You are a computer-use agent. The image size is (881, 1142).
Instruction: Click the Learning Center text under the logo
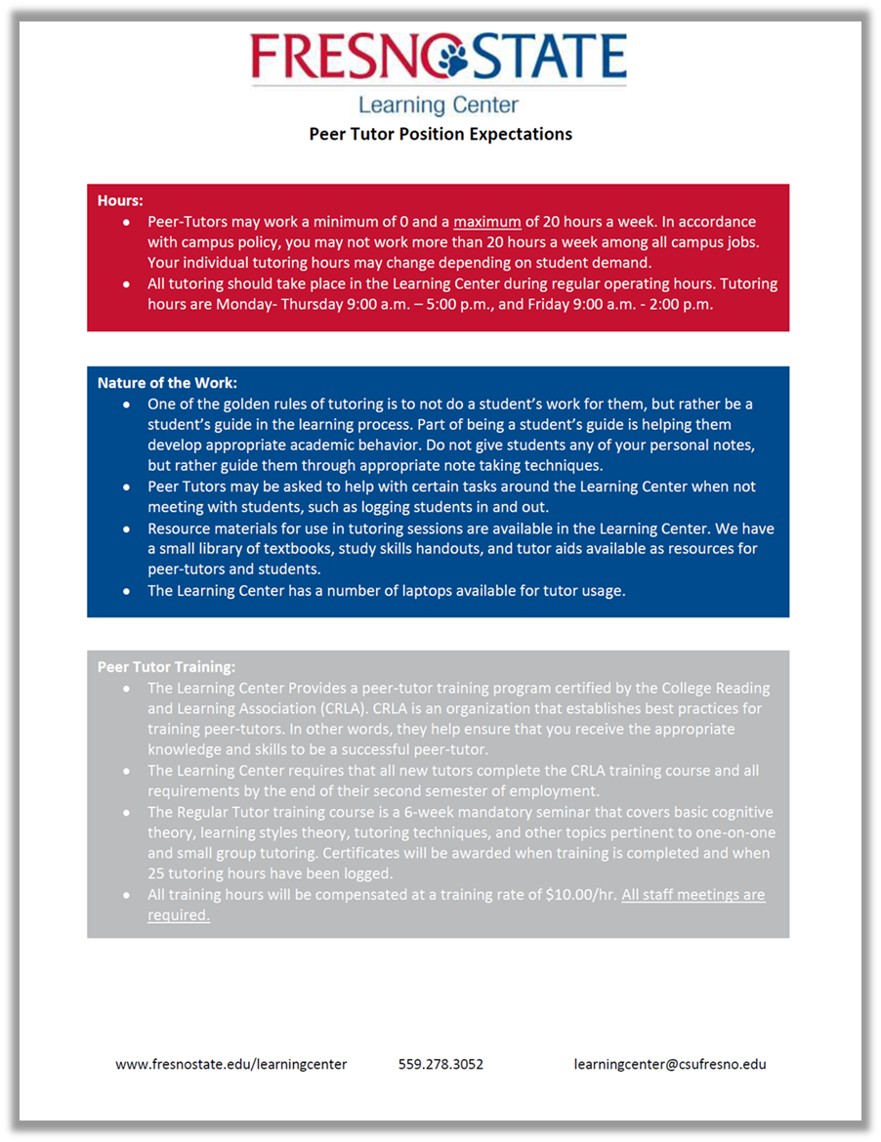[439, 105]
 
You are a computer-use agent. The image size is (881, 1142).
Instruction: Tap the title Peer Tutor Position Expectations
[440, 134]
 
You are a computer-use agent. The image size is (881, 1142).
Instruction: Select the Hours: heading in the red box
[120, 201]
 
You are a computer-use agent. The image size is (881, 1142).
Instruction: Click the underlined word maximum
[487, 222]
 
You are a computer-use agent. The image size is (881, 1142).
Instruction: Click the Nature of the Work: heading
[167, 383]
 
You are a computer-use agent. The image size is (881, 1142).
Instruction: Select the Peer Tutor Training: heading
[166, 667]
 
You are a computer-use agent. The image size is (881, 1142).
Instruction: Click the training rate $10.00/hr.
[580, 895]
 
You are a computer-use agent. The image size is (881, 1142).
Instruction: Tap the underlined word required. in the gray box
[179, 915]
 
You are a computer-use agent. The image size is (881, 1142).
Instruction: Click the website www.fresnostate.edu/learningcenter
[231, 1064]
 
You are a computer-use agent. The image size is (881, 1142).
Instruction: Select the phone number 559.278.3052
[440, 1064]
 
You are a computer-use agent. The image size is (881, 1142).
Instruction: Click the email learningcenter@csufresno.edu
[670, 1064]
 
